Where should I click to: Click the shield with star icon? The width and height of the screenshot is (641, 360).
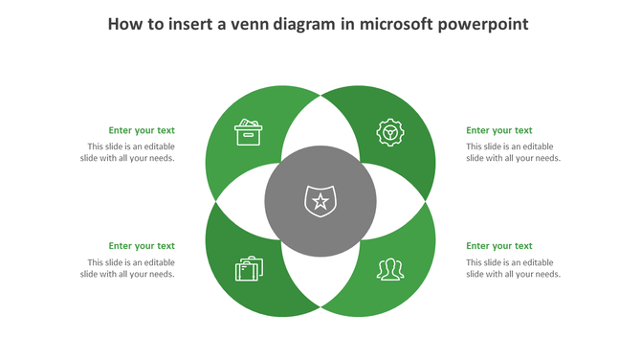click(x=320, y=201)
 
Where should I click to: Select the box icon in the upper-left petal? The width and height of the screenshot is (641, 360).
click(x=249, y=132)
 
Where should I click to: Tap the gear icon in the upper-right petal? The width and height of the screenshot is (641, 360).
click(x=389, y=132)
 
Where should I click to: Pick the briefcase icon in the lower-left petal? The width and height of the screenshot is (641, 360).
click(x=249, y=269)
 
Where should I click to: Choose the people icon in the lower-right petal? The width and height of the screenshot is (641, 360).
click(x=389, y=269)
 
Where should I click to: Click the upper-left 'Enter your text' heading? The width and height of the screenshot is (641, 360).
click(x=142, y=130)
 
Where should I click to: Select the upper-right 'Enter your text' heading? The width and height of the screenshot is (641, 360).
click(x=499, y=130)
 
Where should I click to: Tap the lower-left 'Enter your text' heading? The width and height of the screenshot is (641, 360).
click(x=142, y=246)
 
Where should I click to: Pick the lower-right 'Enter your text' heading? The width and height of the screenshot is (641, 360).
click(x=499, y=246)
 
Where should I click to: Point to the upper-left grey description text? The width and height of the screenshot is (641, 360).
click(x=128, y=152)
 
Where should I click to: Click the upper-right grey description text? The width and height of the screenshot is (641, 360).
click(x=513, y=152)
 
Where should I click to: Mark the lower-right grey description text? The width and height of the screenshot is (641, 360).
click(x=513, y=268)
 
